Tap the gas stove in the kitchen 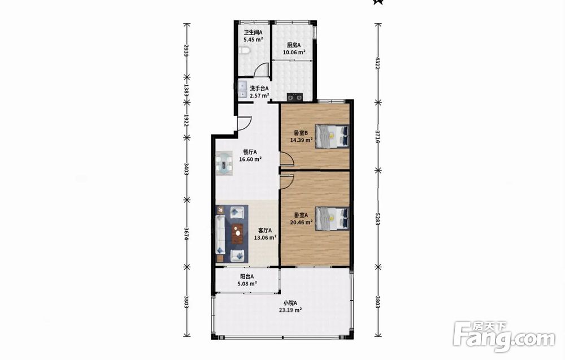tap(295, 97)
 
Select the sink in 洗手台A tap(242, 90)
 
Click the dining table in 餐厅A tap(224, 164)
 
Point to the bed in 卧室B tap(332, 136)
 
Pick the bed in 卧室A tap(332, 218)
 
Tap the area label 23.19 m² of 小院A tap(290, 310)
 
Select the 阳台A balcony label tap(247, 277)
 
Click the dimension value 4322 tap(377, 63)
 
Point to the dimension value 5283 tap(377, 219)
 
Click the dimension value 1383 tap(186, 90)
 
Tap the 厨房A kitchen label tap(294, 45)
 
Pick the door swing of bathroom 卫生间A tap(262, 70)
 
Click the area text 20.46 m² tap(301, 222)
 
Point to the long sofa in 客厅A tap(220, 234)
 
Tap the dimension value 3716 tap(377, 137)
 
